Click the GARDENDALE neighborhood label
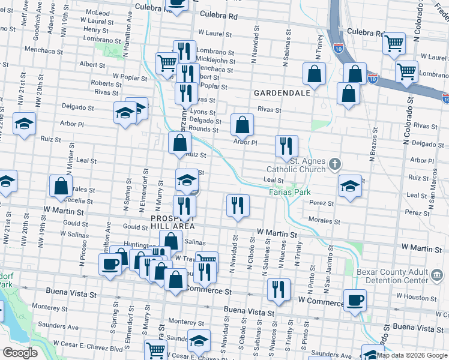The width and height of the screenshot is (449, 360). pyautogui.click(x=282, y=93)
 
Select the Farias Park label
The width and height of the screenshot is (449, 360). pyautogui.click(x=289, y=193)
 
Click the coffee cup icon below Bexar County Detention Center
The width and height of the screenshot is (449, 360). pyautogui.click(x=354, y=299)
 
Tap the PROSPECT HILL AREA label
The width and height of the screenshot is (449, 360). pyautogui.click(x=172, y=223)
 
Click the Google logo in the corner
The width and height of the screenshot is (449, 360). pyautogui.click(x=20, y=353)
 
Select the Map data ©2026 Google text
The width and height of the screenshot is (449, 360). pyautogui.click(x=412, y=355)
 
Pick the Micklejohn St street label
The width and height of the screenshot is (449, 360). pyautogui.click(x=212, y=61)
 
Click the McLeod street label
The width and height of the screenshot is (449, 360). pyautogui.click(x=97, y=12)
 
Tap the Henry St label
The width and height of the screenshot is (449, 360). pyautogui.click(x=96, y=29)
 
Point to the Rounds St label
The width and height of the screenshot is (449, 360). pyautogui.click(x=203, y=129)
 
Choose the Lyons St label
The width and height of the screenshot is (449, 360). pyautogui.click(x=203, y=112)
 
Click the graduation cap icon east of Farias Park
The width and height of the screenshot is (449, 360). pyautogui.click(x=350, y=185)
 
